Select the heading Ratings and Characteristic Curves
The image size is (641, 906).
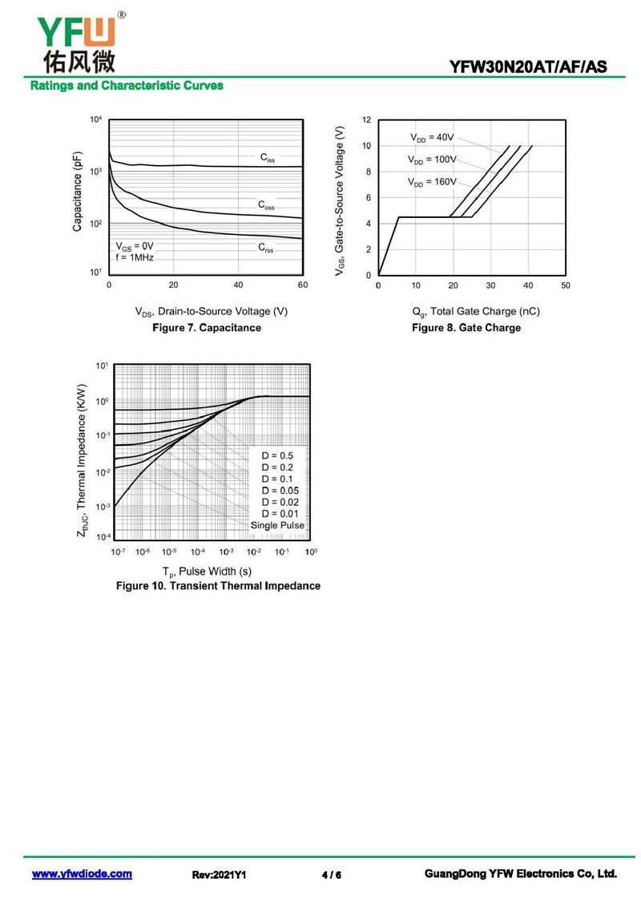click(x=127, y=86)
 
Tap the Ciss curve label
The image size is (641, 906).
click(x=268, y=158)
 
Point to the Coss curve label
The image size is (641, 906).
click(x=266, y=205)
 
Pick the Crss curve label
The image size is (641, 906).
click(x=266, y=249)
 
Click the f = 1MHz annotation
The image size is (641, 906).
click(x=134, y=257)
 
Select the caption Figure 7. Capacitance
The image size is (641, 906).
click(x=207, y=328)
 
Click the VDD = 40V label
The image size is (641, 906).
click(x=432, y=138)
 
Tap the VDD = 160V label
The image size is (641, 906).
click(x=432, y=183)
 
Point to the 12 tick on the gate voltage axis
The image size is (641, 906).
click(x=366, y=120)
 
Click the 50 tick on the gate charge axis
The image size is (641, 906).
click(x=566, y=285)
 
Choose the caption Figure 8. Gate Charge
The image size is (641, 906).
click(x=466, y=328)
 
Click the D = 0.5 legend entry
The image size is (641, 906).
click(x=277, y=456)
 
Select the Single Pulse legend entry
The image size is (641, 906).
click(x=277, y=525)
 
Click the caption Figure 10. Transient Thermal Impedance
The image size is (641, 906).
click(x=218, y=586)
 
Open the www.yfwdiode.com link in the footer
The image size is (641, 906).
click(x=82, y=875)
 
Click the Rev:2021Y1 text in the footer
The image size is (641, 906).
click(x=219, y=876)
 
